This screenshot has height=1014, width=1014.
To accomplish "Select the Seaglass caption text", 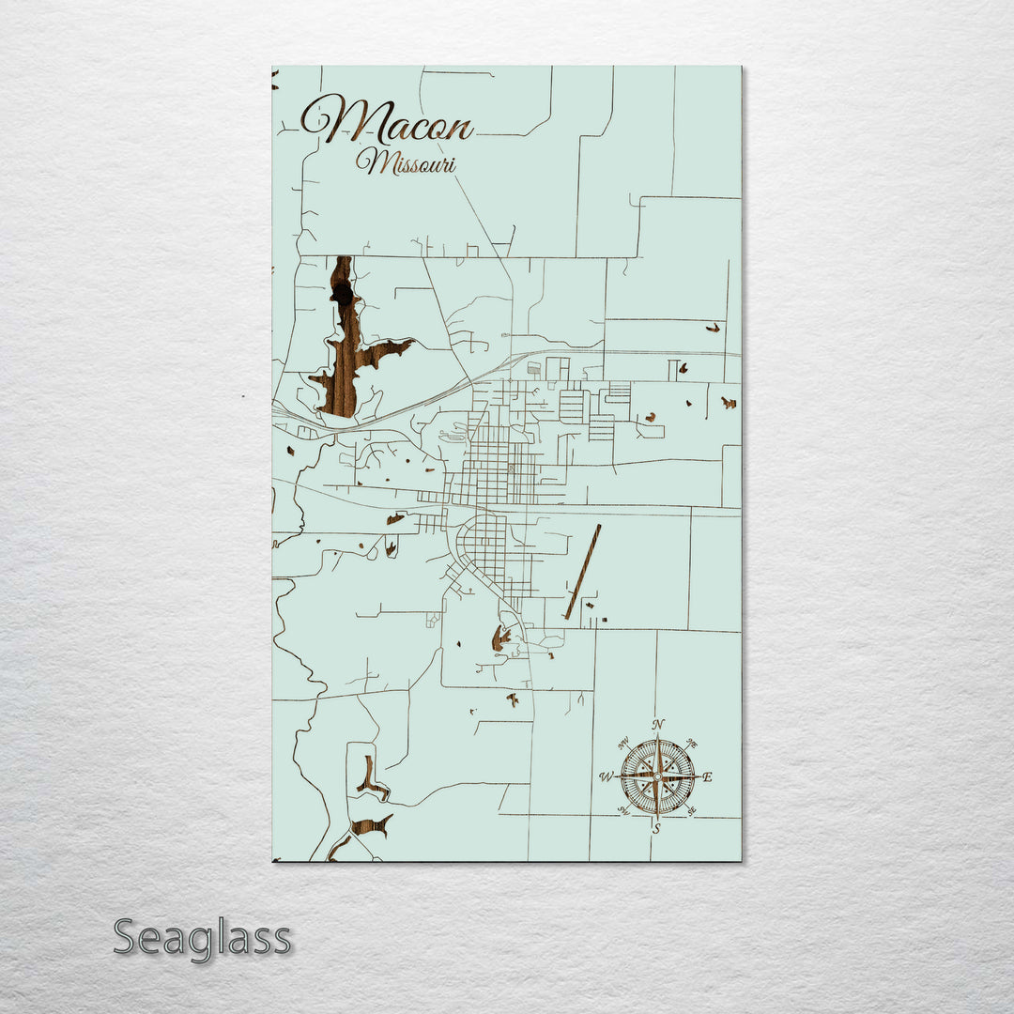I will point(202,938).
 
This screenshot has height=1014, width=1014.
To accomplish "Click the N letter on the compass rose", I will point(658,724).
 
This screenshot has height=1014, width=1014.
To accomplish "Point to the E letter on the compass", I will point(707,776).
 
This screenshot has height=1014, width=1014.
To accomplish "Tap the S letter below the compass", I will point(656,828).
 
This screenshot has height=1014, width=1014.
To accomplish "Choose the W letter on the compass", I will point(607,776).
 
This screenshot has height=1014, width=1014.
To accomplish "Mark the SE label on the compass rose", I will point(692,811).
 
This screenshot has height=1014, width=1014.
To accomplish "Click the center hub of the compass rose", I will point(657,776).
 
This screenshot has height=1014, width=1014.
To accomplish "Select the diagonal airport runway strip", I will point(583,572).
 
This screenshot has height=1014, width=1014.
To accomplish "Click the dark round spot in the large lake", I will point(343,295).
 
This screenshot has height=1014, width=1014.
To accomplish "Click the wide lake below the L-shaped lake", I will point(371,826).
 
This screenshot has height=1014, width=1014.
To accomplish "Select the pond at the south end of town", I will point(500,638).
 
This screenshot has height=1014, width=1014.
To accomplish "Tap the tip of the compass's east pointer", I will point(697,776).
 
